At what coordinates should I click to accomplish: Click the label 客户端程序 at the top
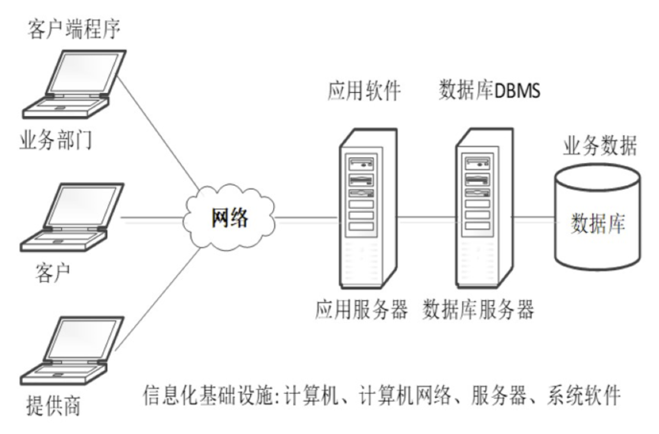pos(74,29)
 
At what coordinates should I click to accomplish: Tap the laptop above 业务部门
pos(75,84)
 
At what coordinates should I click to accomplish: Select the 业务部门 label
pos(56,140)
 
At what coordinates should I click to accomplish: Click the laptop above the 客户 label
pos(72,217)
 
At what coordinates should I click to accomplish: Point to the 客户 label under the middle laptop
pos(53,273)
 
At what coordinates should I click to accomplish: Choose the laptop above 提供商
pos(72,351)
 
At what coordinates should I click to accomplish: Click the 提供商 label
pos(53,406)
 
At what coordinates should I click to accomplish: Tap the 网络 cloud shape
pos(229,217)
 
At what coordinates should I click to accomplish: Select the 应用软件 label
pos(364,91)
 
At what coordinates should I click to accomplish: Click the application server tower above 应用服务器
pos(368,209)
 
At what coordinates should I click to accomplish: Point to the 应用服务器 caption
pos(361,309)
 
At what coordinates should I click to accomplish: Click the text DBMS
pos(517,91)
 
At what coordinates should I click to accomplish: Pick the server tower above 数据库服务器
pos(484,209)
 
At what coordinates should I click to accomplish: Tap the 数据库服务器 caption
pos(478,309)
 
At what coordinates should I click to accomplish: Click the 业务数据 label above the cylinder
pos(600,146)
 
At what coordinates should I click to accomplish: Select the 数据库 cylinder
pos(597,217)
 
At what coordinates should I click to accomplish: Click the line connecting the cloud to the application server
pos(306,218)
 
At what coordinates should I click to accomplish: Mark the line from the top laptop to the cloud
pos(158,132)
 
